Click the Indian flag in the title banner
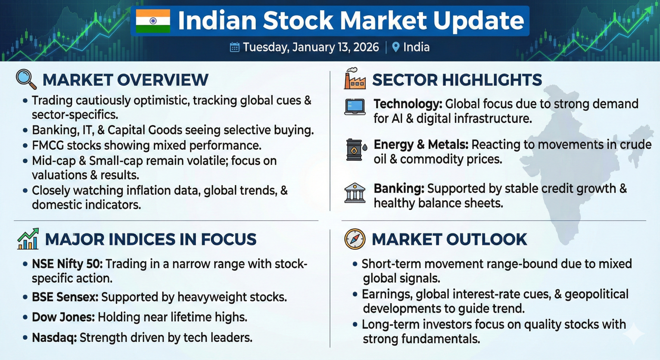pos(153,21)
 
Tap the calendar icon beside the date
pos(235,47)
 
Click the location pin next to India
pos(396,47)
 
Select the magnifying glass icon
pos(26,79)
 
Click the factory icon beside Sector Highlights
pos(355,78)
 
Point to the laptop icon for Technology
pos(355,107)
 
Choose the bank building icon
pos(355,193)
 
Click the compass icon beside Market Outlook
pos(355,239)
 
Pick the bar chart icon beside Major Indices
pos(28,239)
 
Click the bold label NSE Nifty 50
pos(67,264)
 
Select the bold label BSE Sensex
pos(65,297)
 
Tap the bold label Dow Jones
pos(64,317)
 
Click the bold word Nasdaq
pos(54,338)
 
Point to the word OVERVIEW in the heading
pos(163,80)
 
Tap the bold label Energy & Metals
pos(421,145)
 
